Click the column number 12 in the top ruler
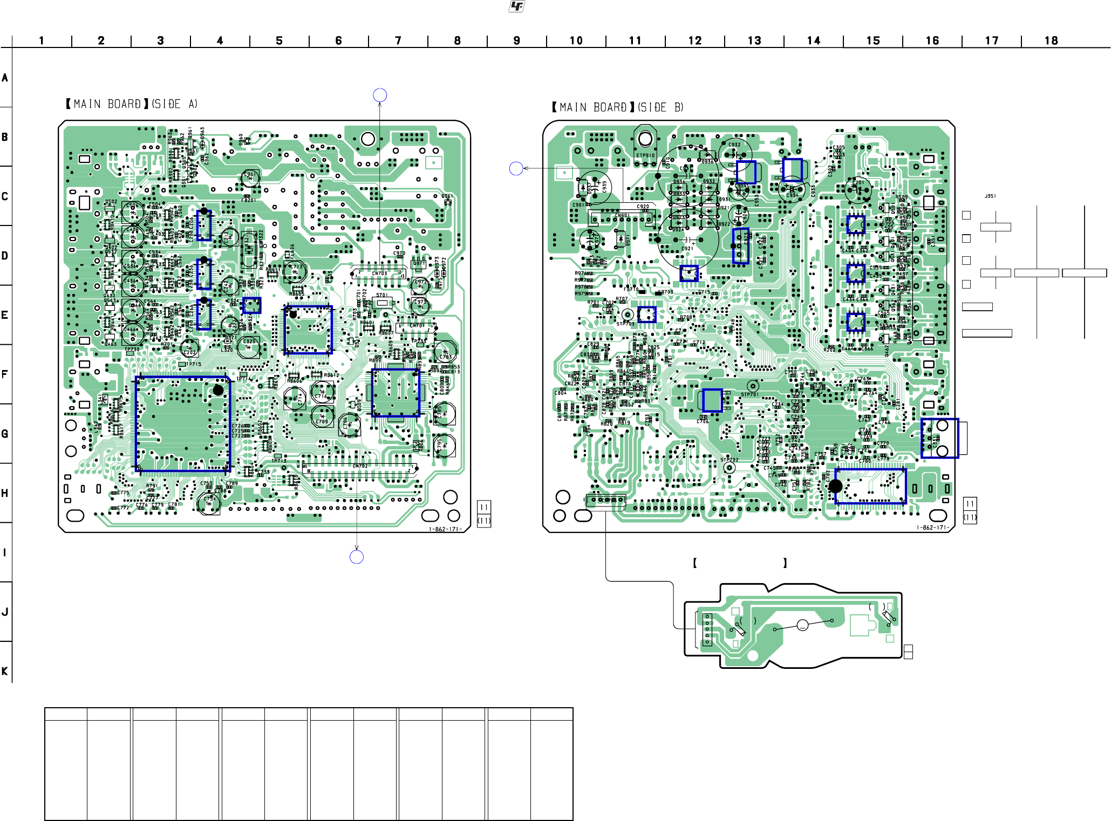694,40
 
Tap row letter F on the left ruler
5,374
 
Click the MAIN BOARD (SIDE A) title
131,104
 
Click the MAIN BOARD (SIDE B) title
617,107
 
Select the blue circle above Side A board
380,95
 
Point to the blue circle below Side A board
357,557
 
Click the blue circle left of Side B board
516,169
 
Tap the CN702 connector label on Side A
360,466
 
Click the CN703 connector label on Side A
379,273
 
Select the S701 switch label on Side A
381,295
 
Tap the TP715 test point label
193,364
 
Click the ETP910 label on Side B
645,155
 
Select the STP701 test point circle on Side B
752,386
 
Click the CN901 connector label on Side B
622,216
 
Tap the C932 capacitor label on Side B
734,145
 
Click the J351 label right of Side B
990,196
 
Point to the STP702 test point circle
729,468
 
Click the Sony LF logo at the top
516,6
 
